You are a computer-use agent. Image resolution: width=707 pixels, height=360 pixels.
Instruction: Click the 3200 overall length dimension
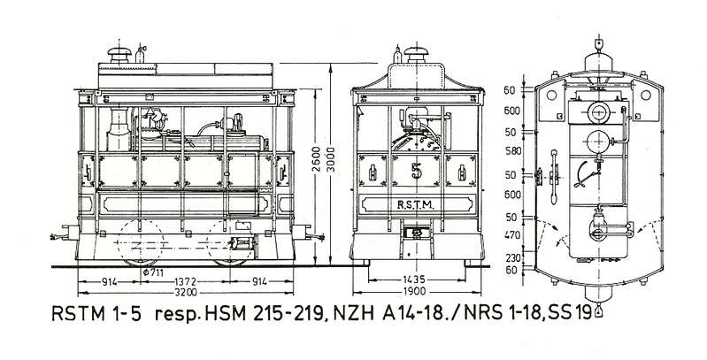pos(186,293)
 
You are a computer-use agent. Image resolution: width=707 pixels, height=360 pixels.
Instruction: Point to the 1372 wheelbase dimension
pos(186,282)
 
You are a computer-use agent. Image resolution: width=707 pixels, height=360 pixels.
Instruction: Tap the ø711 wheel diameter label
pos(153,272)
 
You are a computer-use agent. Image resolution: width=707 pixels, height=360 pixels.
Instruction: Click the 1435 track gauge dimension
pos(415,280)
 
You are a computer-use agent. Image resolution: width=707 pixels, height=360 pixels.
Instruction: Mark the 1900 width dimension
pos(415,292)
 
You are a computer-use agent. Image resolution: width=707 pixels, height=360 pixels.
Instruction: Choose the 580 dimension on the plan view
pos(512,151)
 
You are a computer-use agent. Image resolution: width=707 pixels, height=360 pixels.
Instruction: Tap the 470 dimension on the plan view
pos(512,235)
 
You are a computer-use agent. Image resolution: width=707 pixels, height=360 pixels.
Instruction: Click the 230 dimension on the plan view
pos(512,258)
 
